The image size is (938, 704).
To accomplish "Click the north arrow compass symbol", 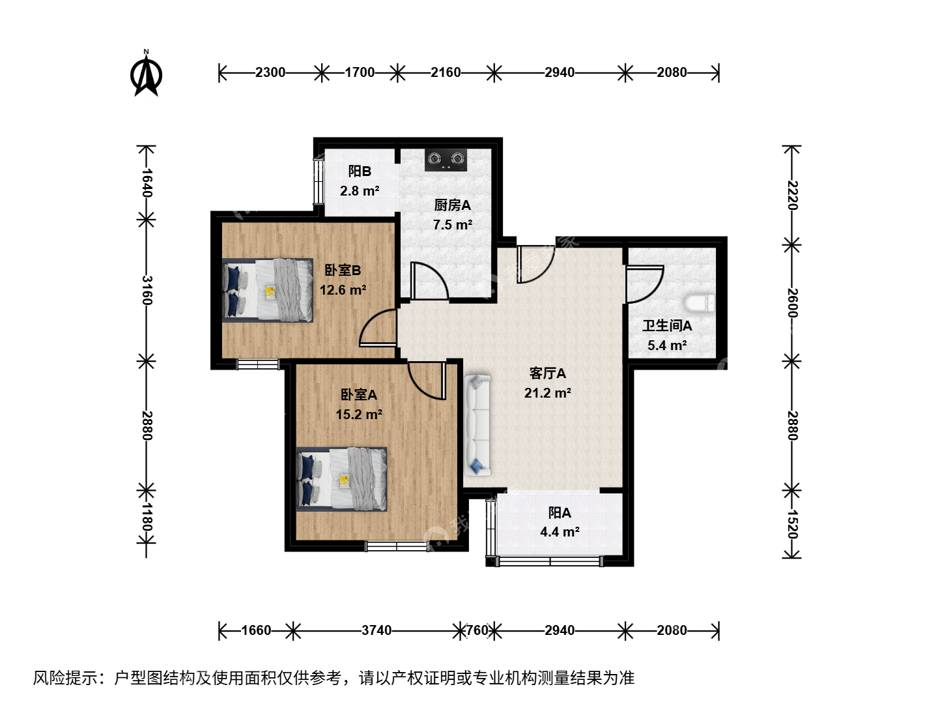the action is [146, 74].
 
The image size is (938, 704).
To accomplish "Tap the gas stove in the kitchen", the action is [446, 160].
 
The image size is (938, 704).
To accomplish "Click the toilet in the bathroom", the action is [699, 302].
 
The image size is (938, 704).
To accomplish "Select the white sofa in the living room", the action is [477, 425].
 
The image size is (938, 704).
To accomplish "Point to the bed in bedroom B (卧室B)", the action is [268, 290].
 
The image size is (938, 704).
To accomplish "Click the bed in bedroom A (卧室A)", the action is [342, 478].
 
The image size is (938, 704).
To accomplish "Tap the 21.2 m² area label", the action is [548, 393].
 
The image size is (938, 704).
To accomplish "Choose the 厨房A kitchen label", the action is [453, 205].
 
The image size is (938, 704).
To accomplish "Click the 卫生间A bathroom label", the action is [668, 326].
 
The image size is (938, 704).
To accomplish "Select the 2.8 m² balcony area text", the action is [360, 190].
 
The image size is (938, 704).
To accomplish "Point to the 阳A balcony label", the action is [560, 512].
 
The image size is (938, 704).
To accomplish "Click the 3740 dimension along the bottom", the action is [377, 630].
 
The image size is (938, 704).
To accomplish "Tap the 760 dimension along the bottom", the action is [477, 630].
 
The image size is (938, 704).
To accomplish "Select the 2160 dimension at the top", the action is [446, 72].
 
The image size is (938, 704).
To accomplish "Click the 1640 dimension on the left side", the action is [147, 183].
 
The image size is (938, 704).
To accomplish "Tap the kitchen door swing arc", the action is [435, 277].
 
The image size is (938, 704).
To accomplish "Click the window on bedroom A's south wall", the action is [397, 546].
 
